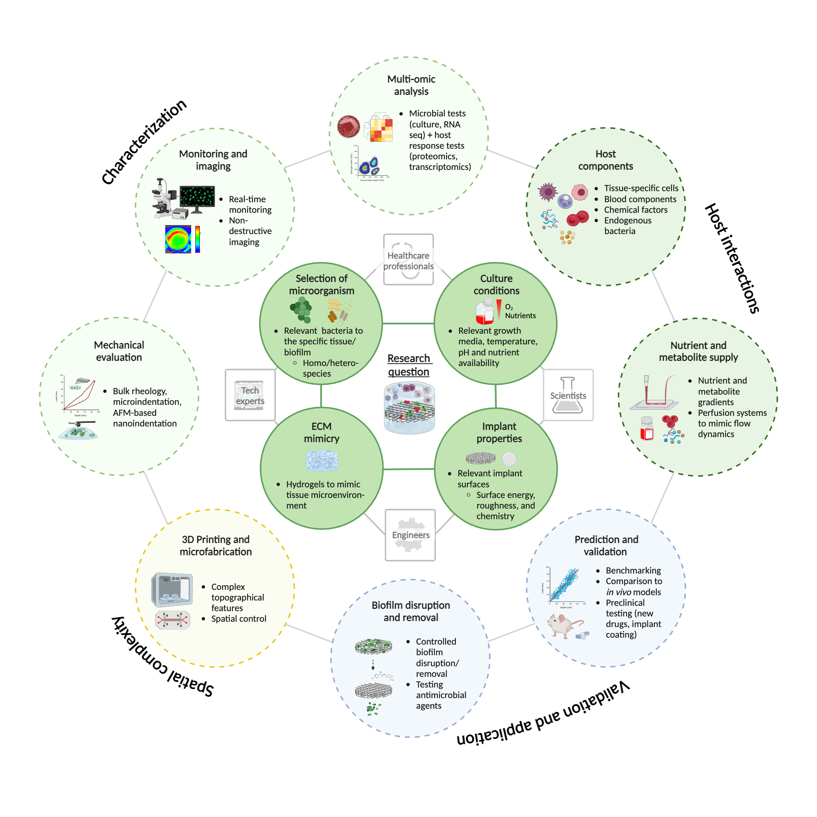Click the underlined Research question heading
[x=408, y=365]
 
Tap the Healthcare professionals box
[x=408, y=260]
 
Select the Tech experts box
[x=250, y=395]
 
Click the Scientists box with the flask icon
[x=568, y=395]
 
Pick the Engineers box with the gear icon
[x=410, y=535]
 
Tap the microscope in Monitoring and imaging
[x=163, y=199]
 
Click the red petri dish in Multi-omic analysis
[x=348, y=127]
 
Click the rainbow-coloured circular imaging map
[x=178, y=239]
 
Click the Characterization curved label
[x=144, y=142]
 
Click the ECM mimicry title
[x=321, y=432]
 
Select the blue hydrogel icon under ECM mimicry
[x=322, y=460]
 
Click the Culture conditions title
[x=496, y=284]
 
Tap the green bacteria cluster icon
[x=301, y=309]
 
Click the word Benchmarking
[x=633, y=570]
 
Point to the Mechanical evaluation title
[x=119, y=351]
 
